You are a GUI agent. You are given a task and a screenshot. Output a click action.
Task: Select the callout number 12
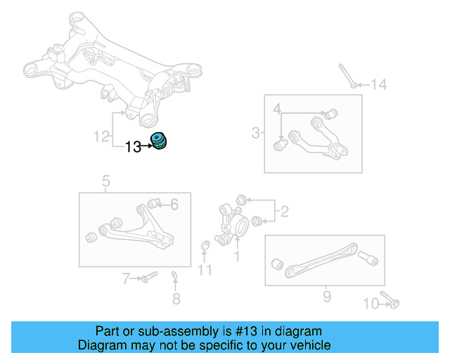tap(103, 135)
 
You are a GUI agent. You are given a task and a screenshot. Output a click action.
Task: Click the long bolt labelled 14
tap(345, 75)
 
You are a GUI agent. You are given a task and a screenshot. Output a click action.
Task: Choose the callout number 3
tap(256, 132)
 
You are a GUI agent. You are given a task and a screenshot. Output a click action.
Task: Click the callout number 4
tap(277, 109)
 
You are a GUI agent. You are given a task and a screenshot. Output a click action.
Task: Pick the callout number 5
tap(106, 184)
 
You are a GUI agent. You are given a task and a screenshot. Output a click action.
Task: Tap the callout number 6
tap(174, 205)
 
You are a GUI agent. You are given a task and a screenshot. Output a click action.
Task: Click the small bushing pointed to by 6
tap(157, 203)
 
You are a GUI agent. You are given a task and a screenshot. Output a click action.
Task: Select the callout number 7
tap(127, 279)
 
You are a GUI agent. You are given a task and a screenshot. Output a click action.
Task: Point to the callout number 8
tap(176, 299)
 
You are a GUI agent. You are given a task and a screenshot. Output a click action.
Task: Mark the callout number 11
tap(205, 269)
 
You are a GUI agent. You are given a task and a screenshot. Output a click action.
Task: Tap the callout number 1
tap(237, 257)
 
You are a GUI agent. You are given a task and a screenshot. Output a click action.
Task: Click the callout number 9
tap(326, 297)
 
